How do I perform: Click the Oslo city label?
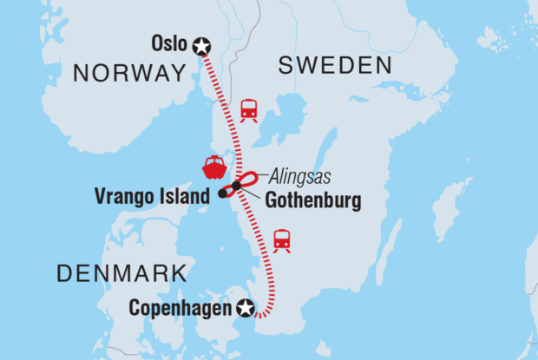tap(169, 43)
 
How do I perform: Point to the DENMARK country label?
tap(121, 274)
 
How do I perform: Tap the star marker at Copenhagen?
tap(246, 307)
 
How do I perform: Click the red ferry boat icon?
tap(213, 165)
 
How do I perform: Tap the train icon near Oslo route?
tap(249, 109)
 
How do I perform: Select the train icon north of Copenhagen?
tap(282, 239)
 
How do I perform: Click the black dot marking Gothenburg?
tap(236, 187)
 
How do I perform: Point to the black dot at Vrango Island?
tap(222, 193)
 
